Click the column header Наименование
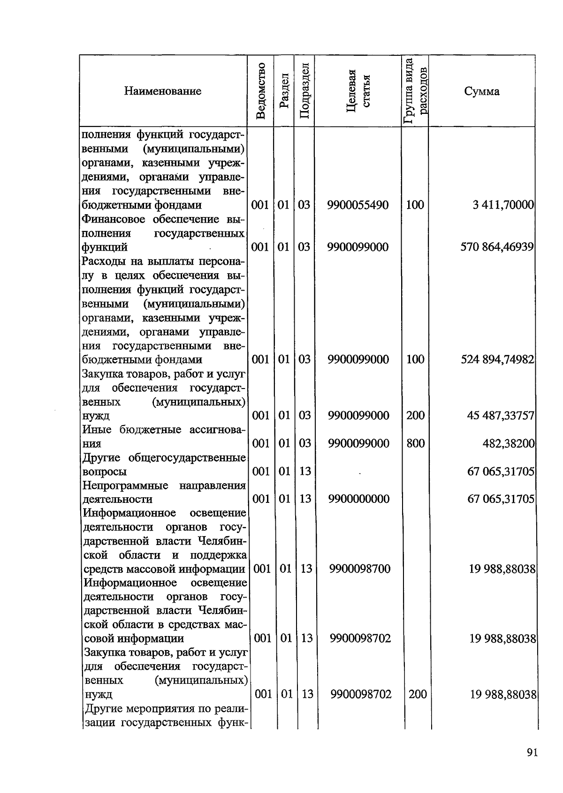click(163, 91)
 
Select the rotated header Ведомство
click(261, 90)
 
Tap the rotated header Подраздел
click(304, 90)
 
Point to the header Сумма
click(482, 91)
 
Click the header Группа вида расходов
click(415, 90)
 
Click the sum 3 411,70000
click(503, 205)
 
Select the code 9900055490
click(358, 205)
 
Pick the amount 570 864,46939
click(497, 247)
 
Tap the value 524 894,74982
click(497, 359)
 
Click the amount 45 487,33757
click(501, 416)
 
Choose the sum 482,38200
click(509, 443)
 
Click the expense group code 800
click(415, 443)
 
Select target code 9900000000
click(359, 499)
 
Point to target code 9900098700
click(359, 569)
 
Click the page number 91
click(532, 753)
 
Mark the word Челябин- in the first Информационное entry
click(222, 541)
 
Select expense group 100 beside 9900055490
click(415, 205)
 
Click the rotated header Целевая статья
click(358, 90)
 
